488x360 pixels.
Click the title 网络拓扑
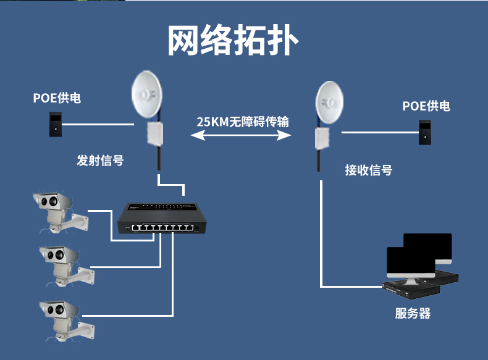(233, 41)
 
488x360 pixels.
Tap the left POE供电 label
(57, 98)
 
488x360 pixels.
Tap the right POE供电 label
(426, 106)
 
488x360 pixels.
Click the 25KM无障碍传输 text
(243, 121)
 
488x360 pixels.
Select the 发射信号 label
(100, 161)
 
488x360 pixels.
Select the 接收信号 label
(368, 170)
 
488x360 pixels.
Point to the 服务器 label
(413, 313)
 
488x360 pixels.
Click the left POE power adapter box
(56, 124)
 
